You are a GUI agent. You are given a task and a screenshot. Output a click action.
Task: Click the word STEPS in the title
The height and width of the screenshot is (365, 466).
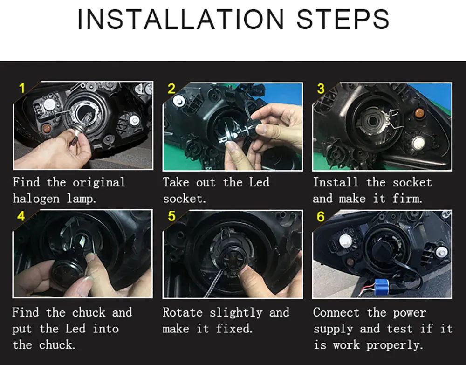click(343, 19)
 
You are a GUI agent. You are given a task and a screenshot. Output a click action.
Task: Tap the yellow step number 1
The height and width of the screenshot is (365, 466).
click(22, 88)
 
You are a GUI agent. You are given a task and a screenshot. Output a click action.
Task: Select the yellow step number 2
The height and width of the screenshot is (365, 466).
click(171, 89)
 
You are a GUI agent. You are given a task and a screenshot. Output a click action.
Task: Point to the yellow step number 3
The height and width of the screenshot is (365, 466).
click(321, 89)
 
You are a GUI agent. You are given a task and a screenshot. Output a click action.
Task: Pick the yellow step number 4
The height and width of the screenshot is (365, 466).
click(21, 216)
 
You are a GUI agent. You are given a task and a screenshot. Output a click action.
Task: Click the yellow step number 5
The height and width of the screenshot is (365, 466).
click(171, 216)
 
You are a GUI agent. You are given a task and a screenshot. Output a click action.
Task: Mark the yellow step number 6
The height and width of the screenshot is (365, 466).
click(321, 216)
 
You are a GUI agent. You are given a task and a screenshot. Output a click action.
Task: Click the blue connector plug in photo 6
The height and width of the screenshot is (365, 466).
click(379, 287)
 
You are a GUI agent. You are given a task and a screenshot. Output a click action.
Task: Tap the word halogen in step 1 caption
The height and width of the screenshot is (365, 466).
click(36, 199)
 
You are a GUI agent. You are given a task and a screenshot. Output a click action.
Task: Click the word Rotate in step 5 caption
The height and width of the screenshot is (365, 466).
click(183, 312)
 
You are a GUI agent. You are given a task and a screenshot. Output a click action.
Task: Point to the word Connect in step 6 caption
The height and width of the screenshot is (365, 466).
click(336, 312)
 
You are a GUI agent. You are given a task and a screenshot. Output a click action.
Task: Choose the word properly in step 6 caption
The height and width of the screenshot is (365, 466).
click(394, 345)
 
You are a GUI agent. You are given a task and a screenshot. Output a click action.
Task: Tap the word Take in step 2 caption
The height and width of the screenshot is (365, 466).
click(176, 182)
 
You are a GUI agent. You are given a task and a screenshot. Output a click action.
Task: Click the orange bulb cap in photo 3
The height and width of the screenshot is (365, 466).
click(419, 112)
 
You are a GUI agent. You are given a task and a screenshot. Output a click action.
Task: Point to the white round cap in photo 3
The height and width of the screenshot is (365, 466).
click(419, 143)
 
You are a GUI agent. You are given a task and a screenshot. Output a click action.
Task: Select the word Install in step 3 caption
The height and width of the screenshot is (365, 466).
click(336, 182)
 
